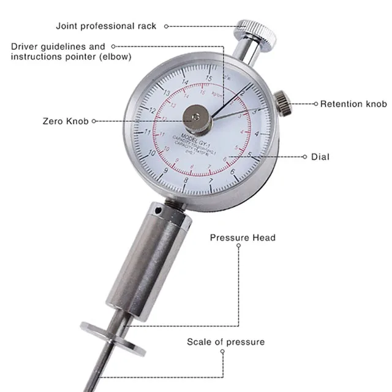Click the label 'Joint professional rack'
[106, 26]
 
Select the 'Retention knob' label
[353, 104]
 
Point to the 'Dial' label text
[320, 157]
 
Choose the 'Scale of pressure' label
[226, 342]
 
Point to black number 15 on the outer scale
[209, 78]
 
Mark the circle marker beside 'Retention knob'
[316, 104]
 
